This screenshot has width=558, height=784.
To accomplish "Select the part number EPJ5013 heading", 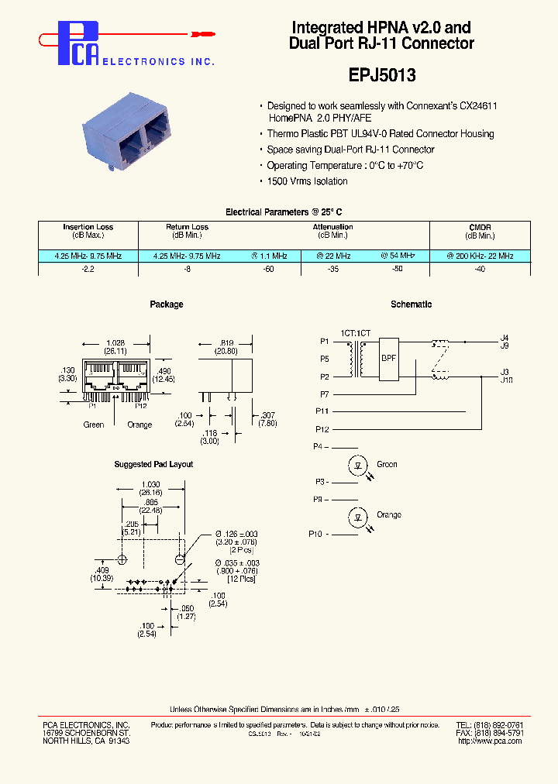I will (381, 75).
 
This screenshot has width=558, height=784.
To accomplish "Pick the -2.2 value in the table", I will (88, 268).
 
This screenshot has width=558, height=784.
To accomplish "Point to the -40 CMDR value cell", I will (480, 268).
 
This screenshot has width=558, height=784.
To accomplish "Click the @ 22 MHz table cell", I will (333, 256).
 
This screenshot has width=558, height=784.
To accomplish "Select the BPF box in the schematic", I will (387, 359).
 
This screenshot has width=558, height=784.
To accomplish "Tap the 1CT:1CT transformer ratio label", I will (356, 332).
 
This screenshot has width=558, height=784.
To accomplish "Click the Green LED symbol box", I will (358, 466).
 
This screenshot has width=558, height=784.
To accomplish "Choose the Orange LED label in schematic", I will (389, 515).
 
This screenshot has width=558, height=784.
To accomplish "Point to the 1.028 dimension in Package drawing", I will (117, 342).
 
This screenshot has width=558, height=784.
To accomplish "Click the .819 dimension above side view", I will (227, 342).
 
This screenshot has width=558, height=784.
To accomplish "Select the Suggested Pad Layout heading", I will (153, 464).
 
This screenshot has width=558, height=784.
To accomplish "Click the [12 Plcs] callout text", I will (239, 579).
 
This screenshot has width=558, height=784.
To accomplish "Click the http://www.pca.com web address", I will (490, 741).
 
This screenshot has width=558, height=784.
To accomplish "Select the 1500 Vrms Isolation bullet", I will (307, 181).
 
